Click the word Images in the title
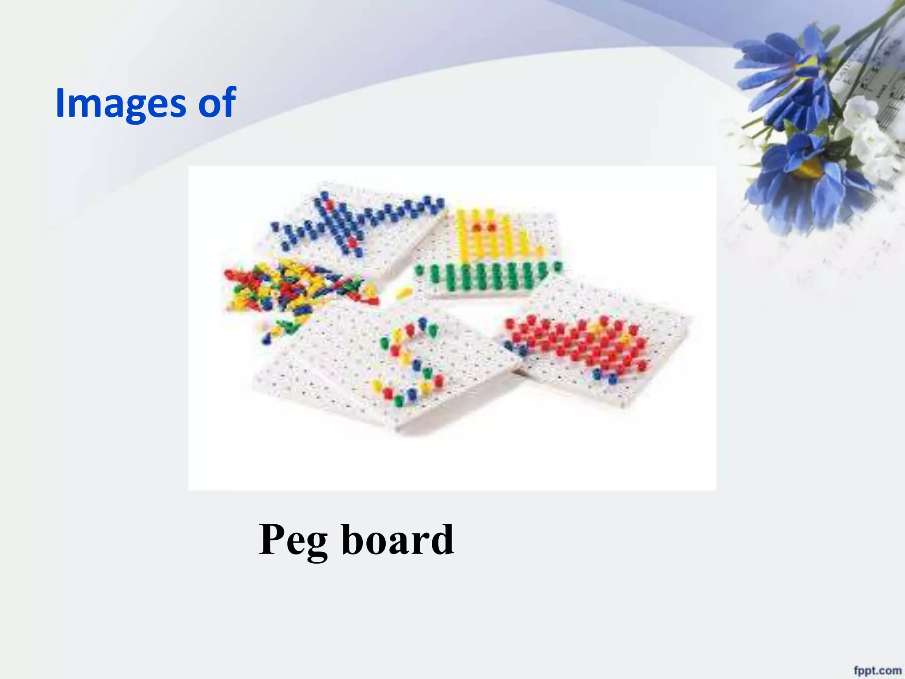121,103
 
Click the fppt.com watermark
877,670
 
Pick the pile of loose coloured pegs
292,292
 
